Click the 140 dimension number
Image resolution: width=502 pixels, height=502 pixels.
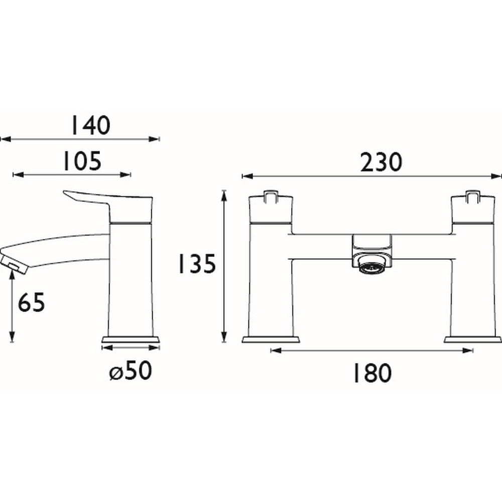[89, 125]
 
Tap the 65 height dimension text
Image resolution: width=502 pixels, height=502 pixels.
[32, 303]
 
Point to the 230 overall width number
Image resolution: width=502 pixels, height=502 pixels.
[381, 162]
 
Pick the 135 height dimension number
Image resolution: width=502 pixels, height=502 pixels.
[196, 264]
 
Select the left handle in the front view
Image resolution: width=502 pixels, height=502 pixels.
[271, 208]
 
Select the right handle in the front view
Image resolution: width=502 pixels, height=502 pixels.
[472, 208]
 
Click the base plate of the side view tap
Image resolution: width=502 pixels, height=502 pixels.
[131, 340]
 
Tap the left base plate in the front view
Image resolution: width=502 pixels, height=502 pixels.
[271, 340]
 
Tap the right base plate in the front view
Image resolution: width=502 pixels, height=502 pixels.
[472, 340]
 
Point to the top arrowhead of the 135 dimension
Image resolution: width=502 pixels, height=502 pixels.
[224, 193]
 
